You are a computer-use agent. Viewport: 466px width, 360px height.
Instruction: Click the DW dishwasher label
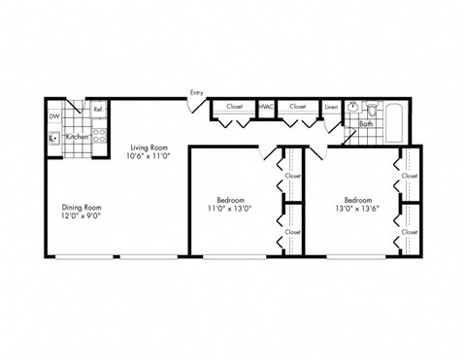(x=53, y=116)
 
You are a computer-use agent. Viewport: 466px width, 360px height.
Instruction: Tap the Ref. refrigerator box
(x=99, y=110)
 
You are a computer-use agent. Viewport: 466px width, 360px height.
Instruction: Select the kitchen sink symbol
(x=54, y=138)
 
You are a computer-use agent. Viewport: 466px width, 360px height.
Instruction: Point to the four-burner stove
(x=98, y=139)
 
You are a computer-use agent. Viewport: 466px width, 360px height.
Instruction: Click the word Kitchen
(x=77, y=138)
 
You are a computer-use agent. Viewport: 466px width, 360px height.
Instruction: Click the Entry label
(x=197, y=92)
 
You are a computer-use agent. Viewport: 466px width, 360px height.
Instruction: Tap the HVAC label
(x=266, y=106)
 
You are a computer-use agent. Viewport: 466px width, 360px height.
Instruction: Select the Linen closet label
(x=331, y=107)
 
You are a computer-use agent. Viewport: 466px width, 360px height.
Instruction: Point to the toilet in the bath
(x=374, y=109)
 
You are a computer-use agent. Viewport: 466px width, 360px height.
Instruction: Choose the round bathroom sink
(x=355, y=108)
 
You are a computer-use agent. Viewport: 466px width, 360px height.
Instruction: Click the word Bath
(x=365, y=124)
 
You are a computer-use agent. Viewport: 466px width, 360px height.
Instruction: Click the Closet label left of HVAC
(x=234, y=106)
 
